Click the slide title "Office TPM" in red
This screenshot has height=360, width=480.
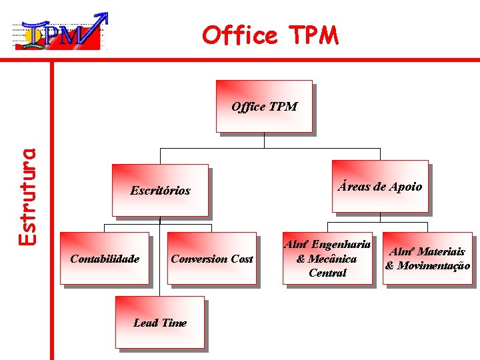[x=271, y=35]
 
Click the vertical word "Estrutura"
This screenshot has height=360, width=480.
[x=26, y=196]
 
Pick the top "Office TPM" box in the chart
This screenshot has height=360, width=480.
[x=264, y=107]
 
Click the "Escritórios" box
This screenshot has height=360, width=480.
[x=160, y=191]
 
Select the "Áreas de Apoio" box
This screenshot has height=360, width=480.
[x=379, y=187]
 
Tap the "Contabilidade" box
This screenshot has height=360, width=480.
[x=105, y=259]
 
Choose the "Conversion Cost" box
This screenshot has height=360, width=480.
[x=211, y=259]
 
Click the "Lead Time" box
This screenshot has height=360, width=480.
[x=159, y=323]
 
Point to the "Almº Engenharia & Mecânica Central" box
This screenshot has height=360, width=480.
[x=327, y=259]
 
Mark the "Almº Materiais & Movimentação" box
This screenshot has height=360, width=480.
[x=427, y=259]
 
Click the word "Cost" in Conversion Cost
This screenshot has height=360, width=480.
[x=242, y=259]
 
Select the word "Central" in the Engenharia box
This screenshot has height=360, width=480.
[x=327, y=273]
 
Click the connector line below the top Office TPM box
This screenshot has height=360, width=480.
[x=265, y=141]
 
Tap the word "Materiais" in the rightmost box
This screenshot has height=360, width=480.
[x=441, y=252]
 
